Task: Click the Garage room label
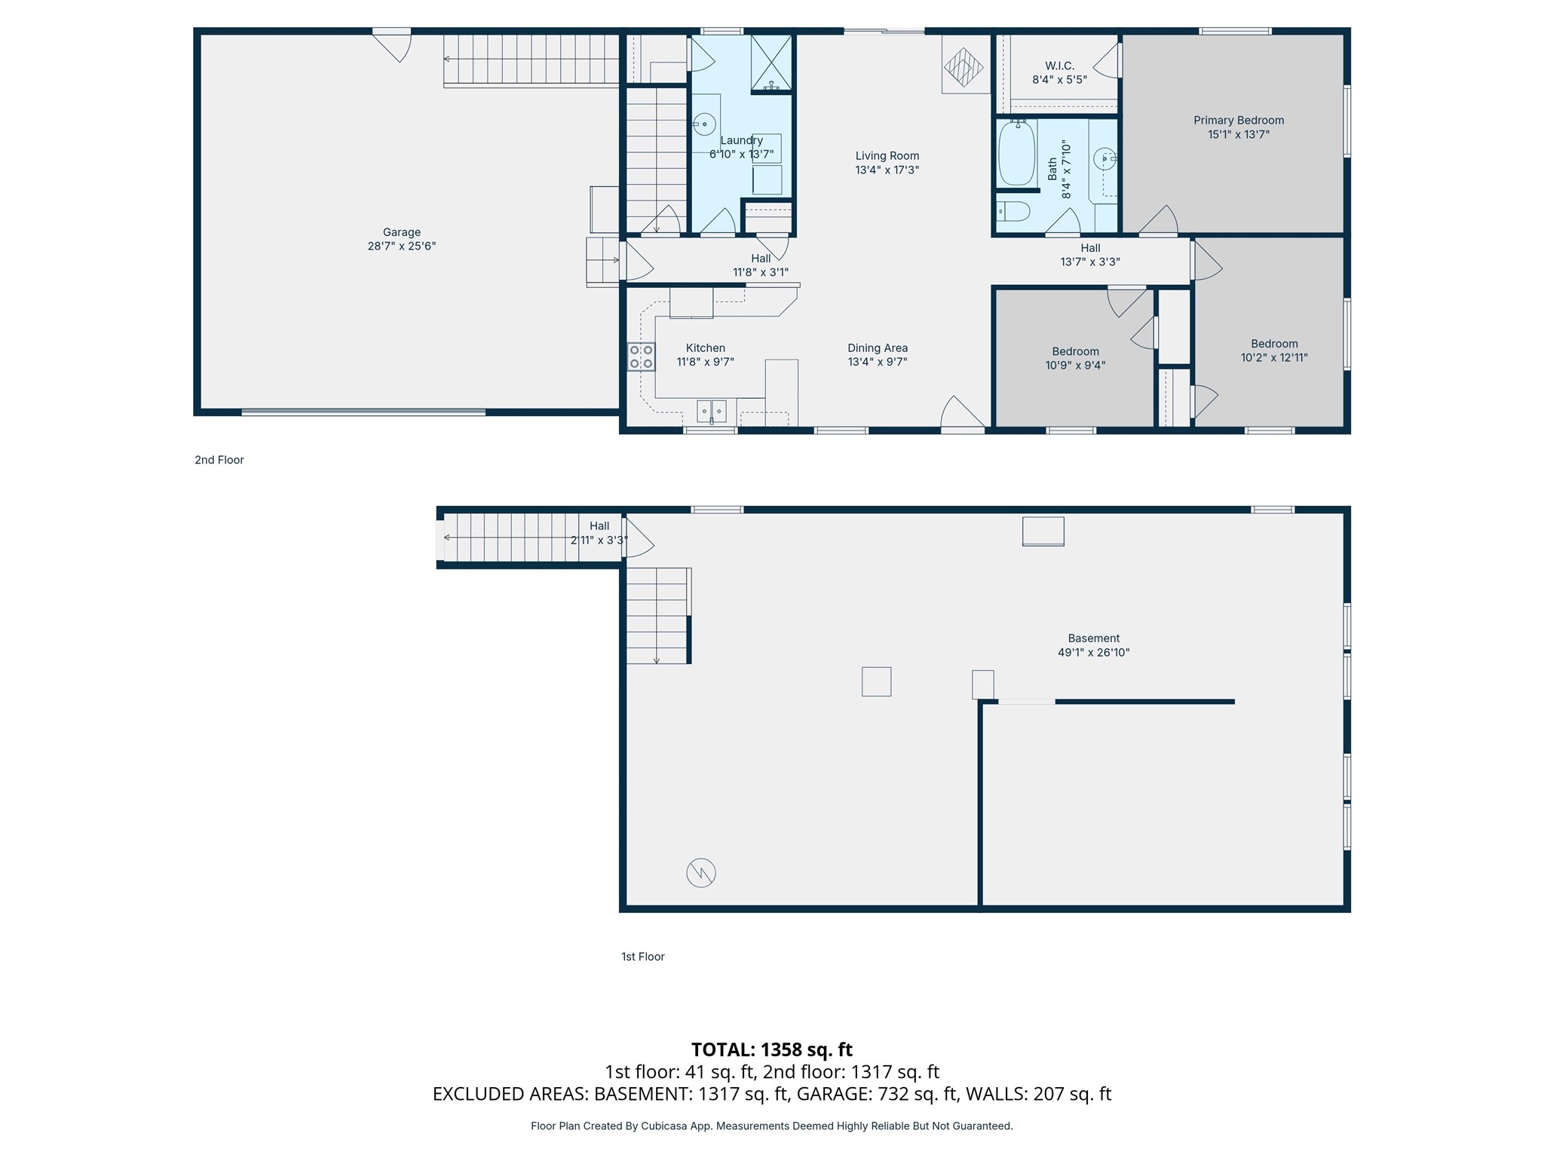coord(401,232)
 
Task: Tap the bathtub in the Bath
coord(1016,153)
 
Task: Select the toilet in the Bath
coord(1013,211)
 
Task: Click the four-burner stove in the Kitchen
coord(642,357)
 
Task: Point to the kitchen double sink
coord(711,411)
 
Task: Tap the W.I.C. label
coord(1059,66)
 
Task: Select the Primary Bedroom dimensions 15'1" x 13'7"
coord(1238,135)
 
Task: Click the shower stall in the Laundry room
coord(770,63)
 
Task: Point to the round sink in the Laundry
coord(704,124)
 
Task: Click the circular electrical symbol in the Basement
coord(700,873)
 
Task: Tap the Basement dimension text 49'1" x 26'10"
coord(1093,653)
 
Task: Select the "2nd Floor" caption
coord(219,460)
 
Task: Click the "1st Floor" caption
coord(642,957)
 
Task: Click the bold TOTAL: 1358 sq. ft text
coord(771,1049)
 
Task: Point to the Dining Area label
coord(877,348)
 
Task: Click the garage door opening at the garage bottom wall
coord(363,412)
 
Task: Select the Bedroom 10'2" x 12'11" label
coord(1274,351)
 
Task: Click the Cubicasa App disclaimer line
coord(771,1126)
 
